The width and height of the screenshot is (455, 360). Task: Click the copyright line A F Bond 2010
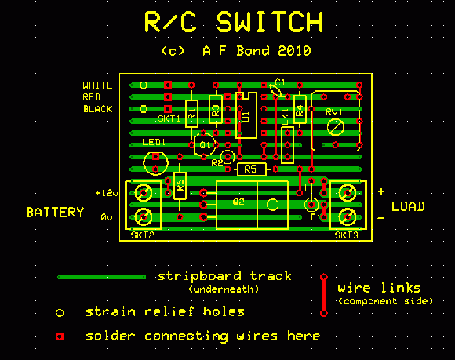coord(235,51)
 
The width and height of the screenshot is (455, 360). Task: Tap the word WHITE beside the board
coord(97,85)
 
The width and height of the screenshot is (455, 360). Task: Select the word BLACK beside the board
coord(97,109)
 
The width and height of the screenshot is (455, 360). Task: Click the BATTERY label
coord(54,213)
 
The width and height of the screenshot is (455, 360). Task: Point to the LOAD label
coord(408,207)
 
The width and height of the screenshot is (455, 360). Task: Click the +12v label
coord(106,192)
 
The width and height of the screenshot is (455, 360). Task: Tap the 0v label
coord(107,217)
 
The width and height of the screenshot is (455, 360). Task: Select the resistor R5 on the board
coord(249,169)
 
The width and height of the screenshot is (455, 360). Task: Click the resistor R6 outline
coord(180,186)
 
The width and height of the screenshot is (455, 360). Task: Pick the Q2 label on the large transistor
coord(238,202)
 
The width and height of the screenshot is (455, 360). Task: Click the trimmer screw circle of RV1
coord(336,127)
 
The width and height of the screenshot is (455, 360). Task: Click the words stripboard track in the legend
coord(224,276)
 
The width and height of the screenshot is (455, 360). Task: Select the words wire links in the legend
coord(378,288)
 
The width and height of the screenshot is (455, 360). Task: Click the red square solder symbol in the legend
coord(60,336)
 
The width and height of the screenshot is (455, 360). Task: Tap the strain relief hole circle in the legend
coord(60,312)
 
